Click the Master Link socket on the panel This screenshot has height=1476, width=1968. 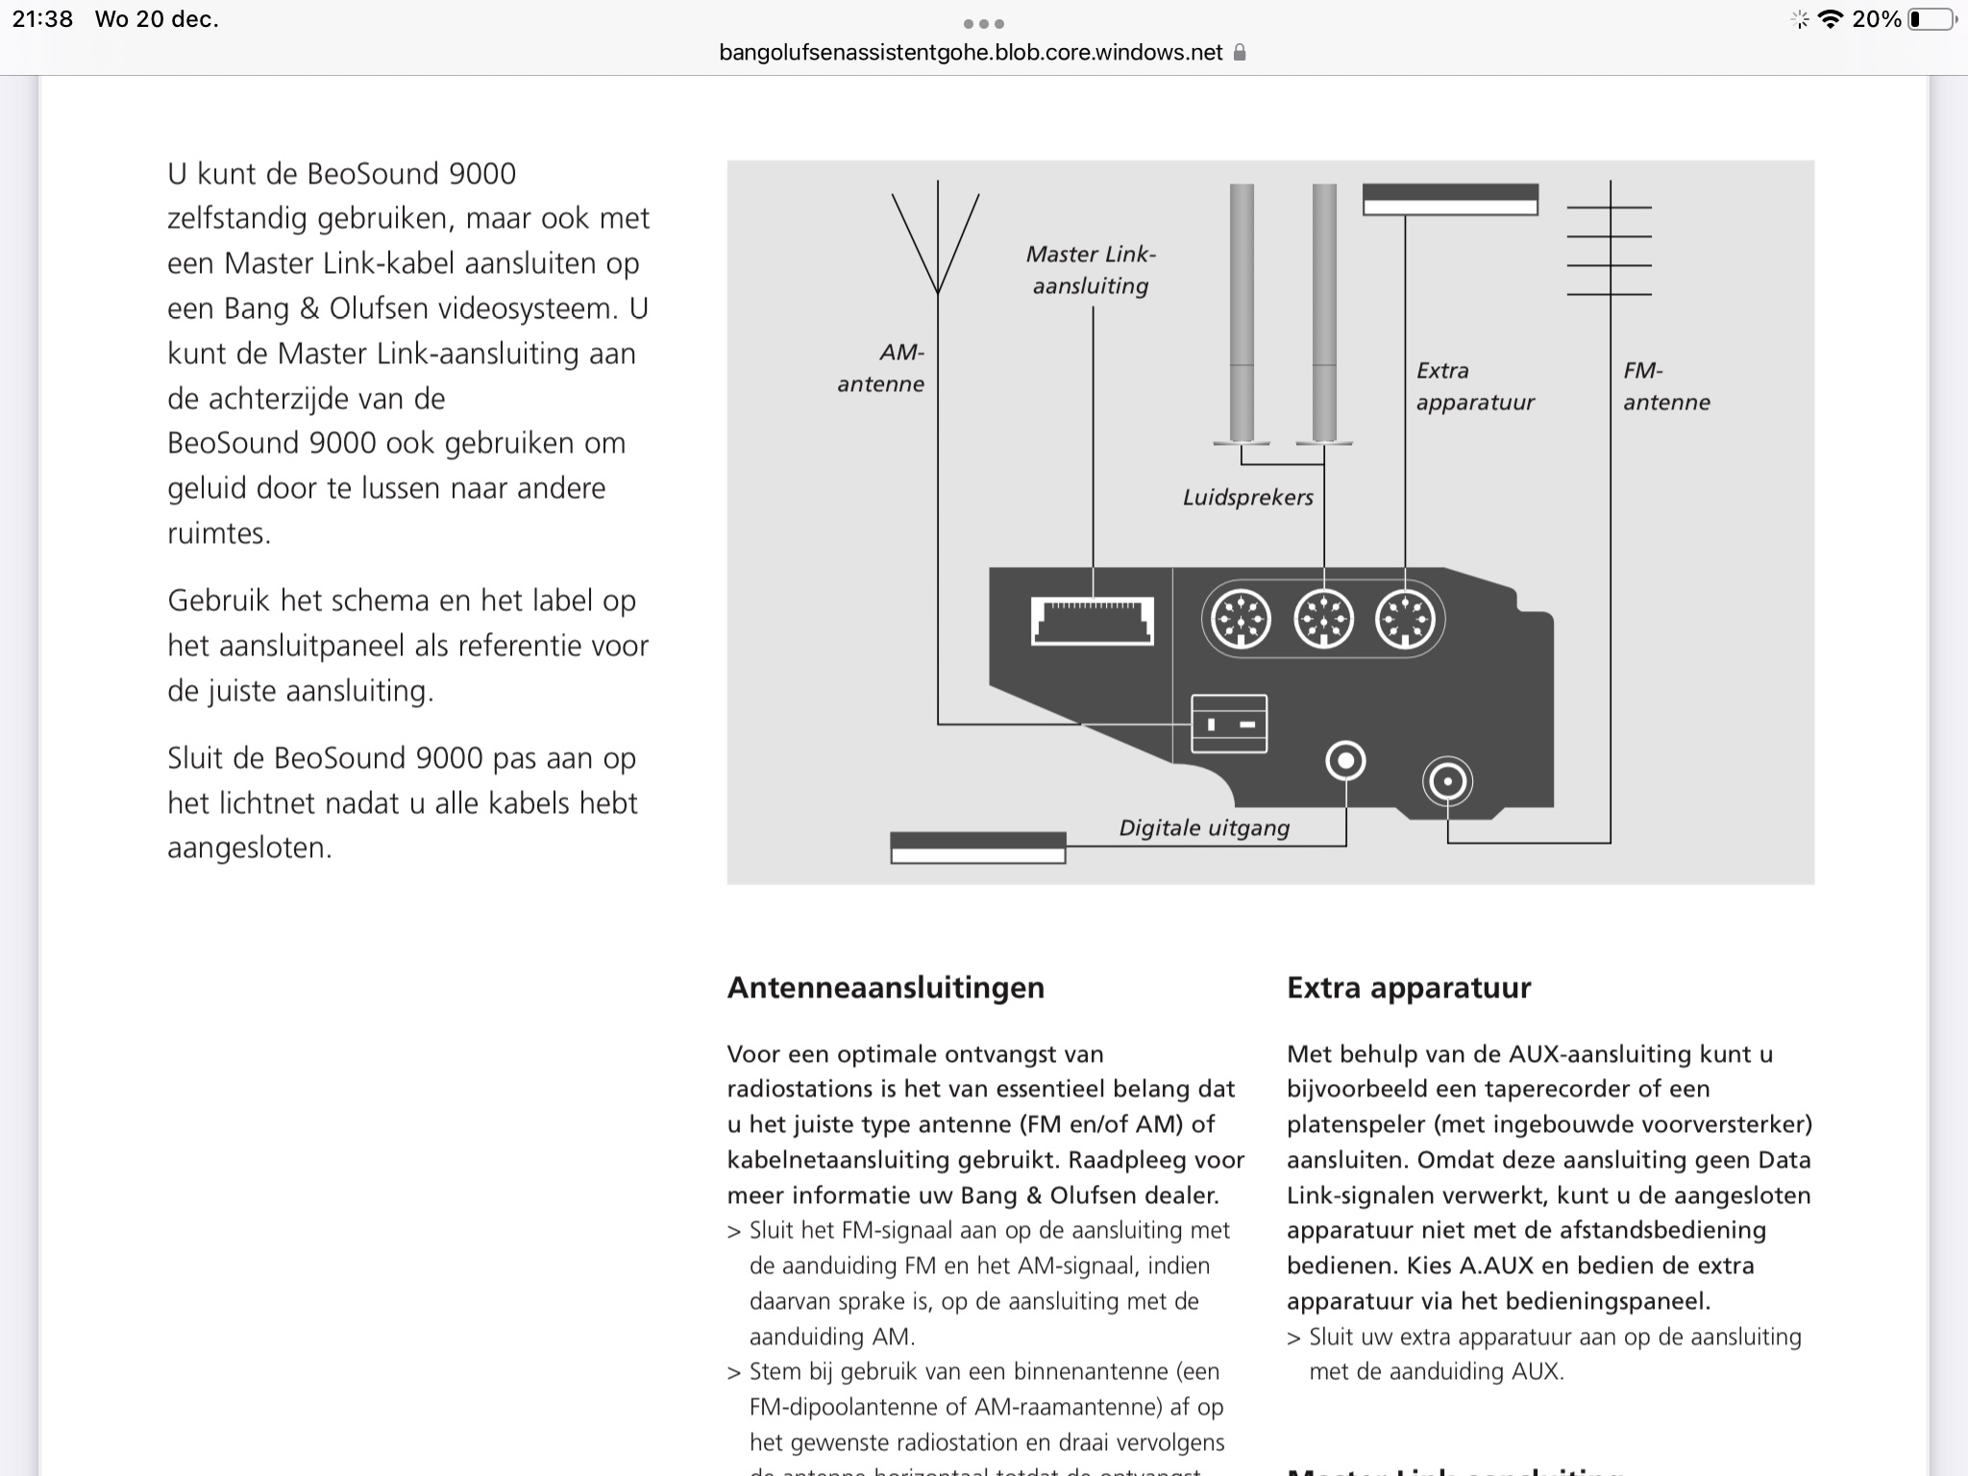tap(1092, 621)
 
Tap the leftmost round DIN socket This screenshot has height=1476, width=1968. tap(1241, 620)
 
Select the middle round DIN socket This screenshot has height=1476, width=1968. tap(1323, 620)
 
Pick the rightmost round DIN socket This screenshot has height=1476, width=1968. tap(1405, 620)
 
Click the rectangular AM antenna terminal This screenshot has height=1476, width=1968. tap(1228, 724)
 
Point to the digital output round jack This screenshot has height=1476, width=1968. tap(1345, 761)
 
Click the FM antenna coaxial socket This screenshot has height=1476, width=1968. tap(1447, 781)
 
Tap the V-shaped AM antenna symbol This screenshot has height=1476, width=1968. tap(936, 240)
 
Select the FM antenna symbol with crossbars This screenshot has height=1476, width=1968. tap(1610, 250)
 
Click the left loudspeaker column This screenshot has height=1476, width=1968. tap(1242, 312)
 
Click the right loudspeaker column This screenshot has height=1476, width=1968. tap(1324, 312)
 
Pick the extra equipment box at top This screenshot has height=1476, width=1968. tap(1450, 199)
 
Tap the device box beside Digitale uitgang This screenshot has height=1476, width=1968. tap(977, 848)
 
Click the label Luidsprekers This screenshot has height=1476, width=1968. tap(1247, 498)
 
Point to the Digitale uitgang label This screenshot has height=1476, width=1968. tap(1204, 828)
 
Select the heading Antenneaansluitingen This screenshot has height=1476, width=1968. tap(885, 988)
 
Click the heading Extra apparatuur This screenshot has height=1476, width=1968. tap(1408, 988)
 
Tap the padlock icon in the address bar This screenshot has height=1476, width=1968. tap(1240, 53)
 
